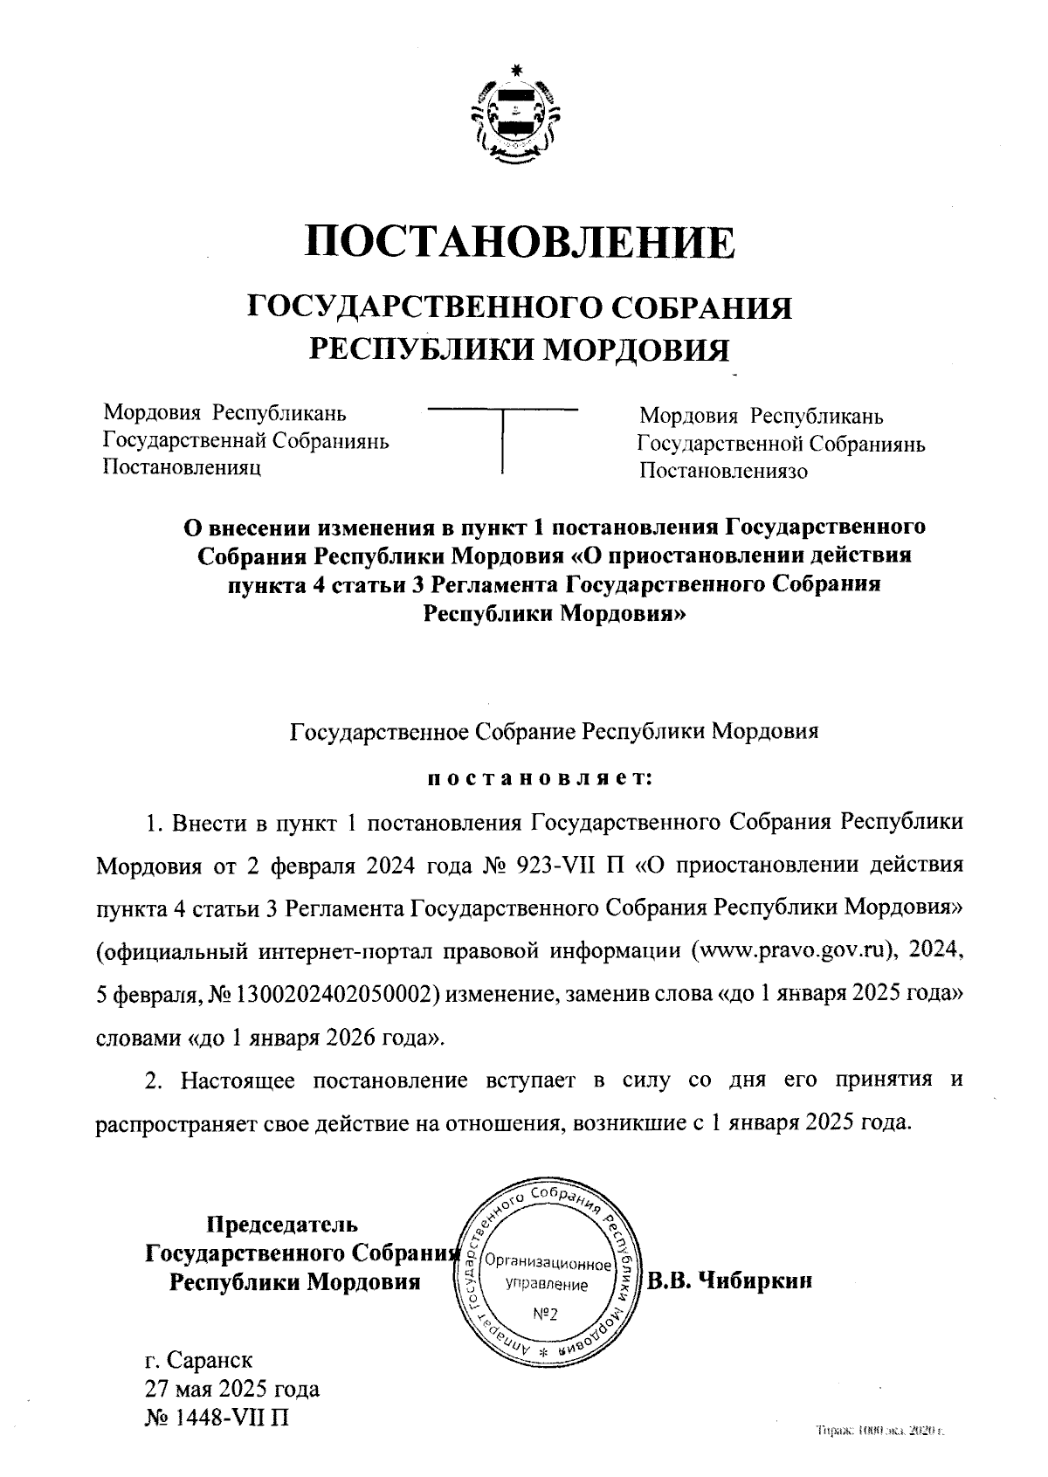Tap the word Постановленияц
(x=183, y=467)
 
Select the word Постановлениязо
(x=724, y=472)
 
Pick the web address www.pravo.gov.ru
(x=791, y=951)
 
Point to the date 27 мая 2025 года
(x=232, y=1388)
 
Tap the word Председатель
(x=281, y=1225)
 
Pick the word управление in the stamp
(x=547, y=1285)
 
